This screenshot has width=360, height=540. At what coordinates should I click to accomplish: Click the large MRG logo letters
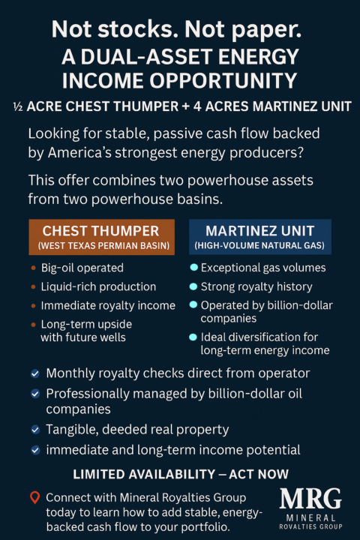(310, 499)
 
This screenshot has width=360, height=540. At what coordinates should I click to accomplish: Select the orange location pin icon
(34, 497)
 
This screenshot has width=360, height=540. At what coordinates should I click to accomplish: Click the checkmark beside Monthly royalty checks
(34, 373)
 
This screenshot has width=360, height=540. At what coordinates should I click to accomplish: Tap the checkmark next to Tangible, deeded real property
(34, 430)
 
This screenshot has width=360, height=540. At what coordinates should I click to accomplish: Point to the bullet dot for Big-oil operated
(32, 267)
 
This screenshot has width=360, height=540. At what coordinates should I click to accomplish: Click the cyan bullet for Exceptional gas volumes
(193, 267)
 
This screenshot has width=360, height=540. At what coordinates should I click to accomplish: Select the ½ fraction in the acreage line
(18, 106)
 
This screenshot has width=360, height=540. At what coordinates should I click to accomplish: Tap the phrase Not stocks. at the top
(97, 31)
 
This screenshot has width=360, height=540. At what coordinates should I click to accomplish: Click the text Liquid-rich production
(98, 286)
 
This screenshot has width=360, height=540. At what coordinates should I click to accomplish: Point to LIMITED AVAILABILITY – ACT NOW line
(180, 474)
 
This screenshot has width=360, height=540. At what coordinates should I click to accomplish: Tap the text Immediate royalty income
(108, 305)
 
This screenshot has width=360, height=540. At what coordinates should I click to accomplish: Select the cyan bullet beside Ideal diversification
(193, 337)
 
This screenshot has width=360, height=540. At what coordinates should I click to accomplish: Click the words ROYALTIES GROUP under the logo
(310, 527)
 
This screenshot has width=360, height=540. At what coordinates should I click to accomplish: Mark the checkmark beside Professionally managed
(34, 392)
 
